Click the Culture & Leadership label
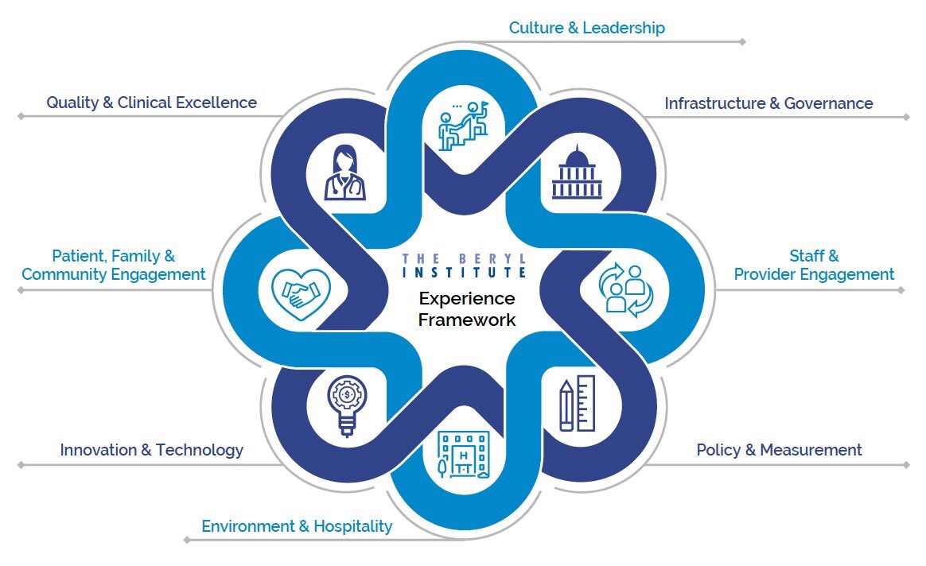[586, 28]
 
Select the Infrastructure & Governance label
[768, 103]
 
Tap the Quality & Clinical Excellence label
[151, 103]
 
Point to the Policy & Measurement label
[779, 450]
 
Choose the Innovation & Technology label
[151, 450]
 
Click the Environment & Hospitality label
[297, 526]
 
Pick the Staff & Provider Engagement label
[814, 266]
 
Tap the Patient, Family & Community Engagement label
[114, 266]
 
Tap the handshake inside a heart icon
[301, 291]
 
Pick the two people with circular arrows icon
[625, 290]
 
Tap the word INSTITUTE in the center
[465, 272]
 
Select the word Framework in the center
[467, 320]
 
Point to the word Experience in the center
[467, 299]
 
